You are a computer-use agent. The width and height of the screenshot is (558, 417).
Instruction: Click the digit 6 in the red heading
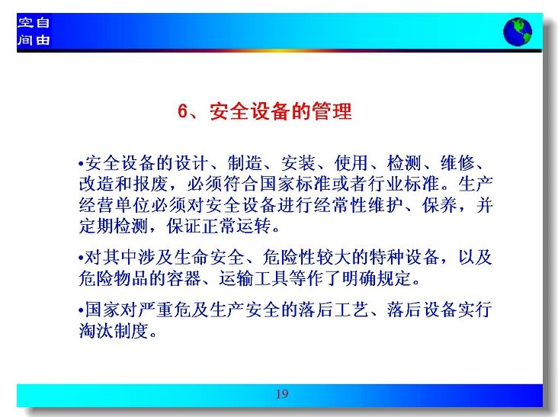pyautogui.click(x=182, y=111)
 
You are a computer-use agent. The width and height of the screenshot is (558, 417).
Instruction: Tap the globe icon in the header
pyautogui.click(x=518, y=32)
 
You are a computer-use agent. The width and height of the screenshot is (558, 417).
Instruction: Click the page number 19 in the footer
pyautogui.click(x=282, y=394)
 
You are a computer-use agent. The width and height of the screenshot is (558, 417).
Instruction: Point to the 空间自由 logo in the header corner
pyautogui.click(x=34, y=31)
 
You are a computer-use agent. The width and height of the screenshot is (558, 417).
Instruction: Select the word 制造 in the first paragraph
pyautogui.click(x=245, y=163)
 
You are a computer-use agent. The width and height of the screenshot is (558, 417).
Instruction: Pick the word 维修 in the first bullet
pyautogui.click(x=457, y=163)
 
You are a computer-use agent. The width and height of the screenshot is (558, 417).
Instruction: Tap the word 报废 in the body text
pyautogui.click(x=150, y=184)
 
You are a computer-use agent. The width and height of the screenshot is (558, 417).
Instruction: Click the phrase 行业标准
pyautogui.click(x=403, y=184)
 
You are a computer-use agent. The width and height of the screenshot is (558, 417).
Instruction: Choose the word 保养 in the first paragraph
pyautogui.click(x=440, y=205)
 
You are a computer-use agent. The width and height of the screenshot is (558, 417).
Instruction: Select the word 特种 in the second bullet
pyautogui.click(x=386, y=257)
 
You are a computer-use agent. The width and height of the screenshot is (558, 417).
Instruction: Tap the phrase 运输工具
pyautogui.click(x=254, y=278)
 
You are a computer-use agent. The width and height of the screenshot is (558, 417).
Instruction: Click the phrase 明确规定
pyautogui.click(x=377, y=278)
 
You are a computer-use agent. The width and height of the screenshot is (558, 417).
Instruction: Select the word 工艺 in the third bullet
pyautogui.click(x=351, y=310)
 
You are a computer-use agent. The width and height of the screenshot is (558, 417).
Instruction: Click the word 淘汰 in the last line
pyautogui.click(x=96, y=330)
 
